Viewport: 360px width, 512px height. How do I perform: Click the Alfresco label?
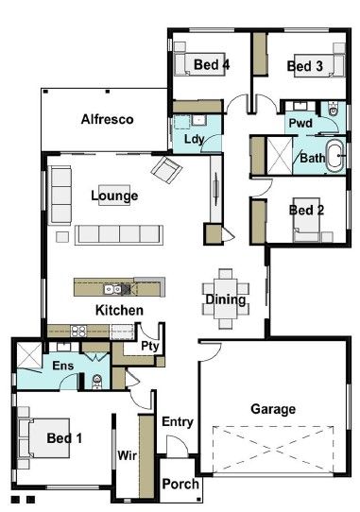tap(107, 119)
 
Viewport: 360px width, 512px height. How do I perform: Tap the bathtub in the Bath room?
tap(334, 156)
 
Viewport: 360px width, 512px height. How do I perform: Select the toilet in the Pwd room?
tap(333, 109)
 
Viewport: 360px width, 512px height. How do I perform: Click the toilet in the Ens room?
tap(97, 382)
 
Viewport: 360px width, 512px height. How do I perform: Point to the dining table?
tap(226, 299)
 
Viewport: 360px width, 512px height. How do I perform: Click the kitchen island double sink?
tap(113, 289)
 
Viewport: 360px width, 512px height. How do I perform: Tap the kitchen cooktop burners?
tap(78, 332)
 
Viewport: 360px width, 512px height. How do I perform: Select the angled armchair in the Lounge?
tap(166, 169)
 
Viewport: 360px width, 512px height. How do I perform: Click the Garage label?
tap(273, 409)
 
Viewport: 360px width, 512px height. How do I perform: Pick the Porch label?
tap(180, 484)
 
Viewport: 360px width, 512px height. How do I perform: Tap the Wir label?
tap(127, 455)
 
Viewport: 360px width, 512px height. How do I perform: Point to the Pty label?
tap(150, 346)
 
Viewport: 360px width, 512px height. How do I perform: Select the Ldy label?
tap(194, 140)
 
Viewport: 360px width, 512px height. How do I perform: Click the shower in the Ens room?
tap(29, 355)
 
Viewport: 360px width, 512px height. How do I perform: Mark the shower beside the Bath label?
tap(280, 156)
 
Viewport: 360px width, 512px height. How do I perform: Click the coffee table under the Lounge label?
tap(114, 196)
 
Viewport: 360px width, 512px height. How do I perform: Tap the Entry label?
tap(178, 422)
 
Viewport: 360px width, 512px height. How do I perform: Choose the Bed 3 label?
tap(305, 66)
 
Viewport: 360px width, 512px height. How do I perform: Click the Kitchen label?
tap(119, 310)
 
